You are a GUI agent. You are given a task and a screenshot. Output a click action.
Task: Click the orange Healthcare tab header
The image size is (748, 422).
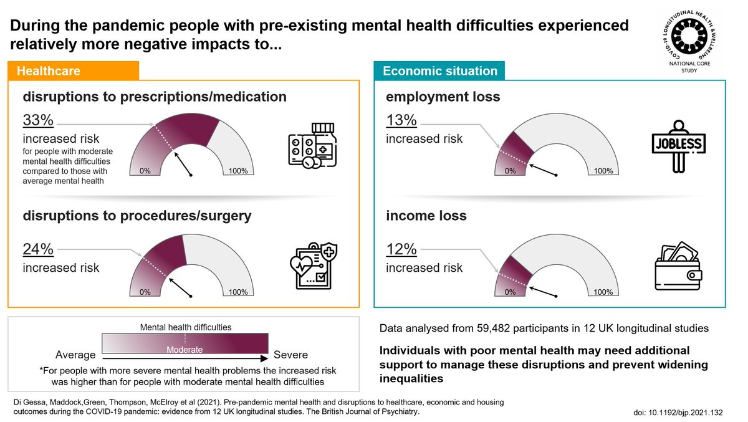pyautogui.click(x=73, y=71)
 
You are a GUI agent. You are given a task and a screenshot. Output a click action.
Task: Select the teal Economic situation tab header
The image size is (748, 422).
pyautogui.click(x=439, y=71)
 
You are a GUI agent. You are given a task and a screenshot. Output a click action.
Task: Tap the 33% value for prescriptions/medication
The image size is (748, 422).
pyautogui.click(x=39, y=120)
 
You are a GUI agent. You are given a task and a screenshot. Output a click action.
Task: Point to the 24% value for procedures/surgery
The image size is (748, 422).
pyautogui.click(x=39, y=249)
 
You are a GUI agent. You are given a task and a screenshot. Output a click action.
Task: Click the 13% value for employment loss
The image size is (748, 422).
pyautogui.click(x=402, y=120)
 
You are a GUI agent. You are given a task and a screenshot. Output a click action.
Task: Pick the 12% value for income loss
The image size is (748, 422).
pyautogui.click(x=402, y=249)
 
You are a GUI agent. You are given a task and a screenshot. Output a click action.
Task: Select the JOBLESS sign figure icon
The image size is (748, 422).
pyautogui.click(x=677, y=145)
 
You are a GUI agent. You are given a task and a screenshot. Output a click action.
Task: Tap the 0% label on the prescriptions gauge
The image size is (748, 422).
pyautogui.click(x=146, y=171)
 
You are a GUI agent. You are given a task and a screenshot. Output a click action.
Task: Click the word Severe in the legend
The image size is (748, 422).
pyautogui.click(x=291, y=355)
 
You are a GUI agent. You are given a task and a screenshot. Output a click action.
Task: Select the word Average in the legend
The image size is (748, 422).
pyautogui.click(x=75, y=355)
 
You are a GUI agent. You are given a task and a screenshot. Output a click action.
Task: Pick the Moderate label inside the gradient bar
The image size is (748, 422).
pyautogui.click(x=185, y=350)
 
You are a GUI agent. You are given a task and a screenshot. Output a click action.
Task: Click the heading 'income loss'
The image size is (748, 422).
pyautogui.click(x=426, y=216)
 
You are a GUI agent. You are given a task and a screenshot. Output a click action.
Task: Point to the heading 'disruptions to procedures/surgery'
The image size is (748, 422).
pyautogui.click(x=137, y=216)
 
